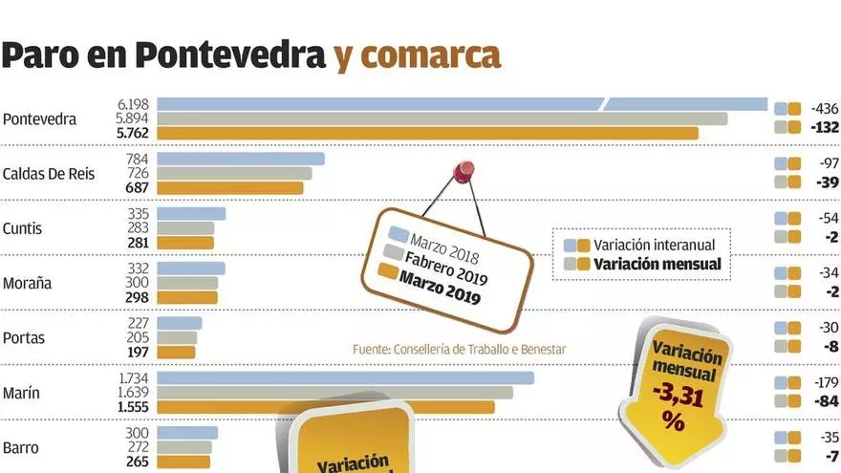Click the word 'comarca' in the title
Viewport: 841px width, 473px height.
(418, 56)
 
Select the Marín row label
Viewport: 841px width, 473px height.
(21, 393)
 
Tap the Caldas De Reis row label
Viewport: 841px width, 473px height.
(48, 174)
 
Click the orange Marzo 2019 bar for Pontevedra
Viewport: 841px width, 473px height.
(427, 134)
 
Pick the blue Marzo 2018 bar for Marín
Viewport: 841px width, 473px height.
(345, 378)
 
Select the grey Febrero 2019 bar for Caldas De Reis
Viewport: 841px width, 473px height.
(234, 174)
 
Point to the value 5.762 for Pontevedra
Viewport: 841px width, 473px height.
(133, 134)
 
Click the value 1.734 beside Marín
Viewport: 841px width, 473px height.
(133, 378)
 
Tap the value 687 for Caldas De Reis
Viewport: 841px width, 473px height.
(139, 188)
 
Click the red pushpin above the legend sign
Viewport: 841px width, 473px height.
(464, 171)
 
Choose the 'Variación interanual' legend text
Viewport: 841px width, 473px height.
(654, 246)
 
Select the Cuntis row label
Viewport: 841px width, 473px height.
(23, 229)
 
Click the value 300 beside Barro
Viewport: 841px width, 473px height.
(139, 433)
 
